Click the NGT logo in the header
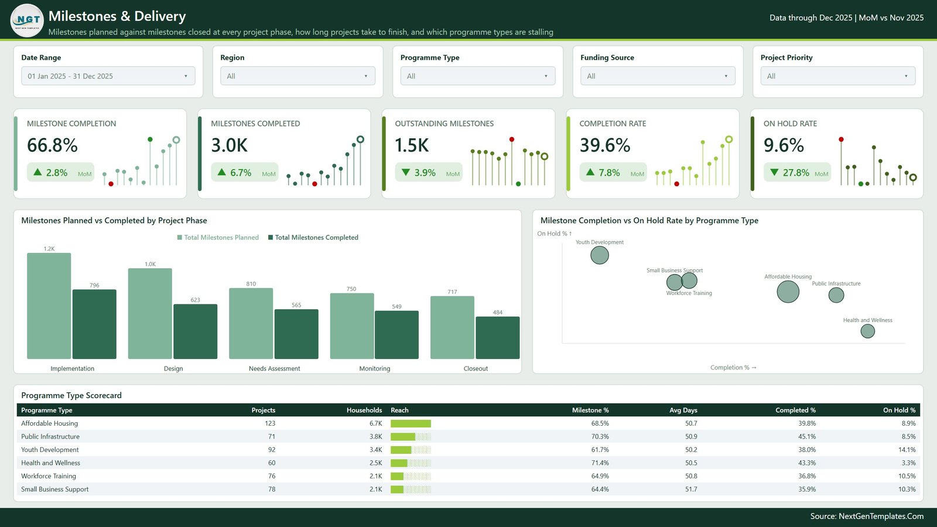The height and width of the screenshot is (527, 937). coord(27,20)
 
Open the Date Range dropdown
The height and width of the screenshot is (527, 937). coord(108,76)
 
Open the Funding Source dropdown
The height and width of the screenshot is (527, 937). coord(658,76)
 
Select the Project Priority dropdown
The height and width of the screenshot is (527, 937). coord(838,76)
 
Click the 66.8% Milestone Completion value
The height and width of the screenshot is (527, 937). coord(52,145)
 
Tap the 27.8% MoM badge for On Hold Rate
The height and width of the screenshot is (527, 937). coord(797,172)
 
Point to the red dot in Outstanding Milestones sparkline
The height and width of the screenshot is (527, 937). coord(512,139)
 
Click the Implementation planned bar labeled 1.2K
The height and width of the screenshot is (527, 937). coord(49,306)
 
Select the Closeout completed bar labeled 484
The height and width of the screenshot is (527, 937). coord(498,337)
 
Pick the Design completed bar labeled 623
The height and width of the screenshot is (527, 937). coord(196,331)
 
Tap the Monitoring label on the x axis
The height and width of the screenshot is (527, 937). coord(375,368)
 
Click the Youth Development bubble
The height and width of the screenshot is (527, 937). coord(600,255)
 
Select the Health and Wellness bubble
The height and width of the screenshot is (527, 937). coord(867,331)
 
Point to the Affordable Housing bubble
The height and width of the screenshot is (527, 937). coord(788,292)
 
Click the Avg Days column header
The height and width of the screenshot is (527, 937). coord(683,410)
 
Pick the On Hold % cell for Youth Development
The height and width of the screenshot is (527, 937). coord(907,450)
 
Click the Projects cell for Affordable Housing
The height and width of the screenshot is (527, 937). coord(270,423)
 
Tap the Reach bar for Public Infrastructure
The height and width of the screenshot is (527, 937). coord(403,437)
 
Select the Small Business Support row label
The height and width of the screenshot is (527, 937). coord(55,490)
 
